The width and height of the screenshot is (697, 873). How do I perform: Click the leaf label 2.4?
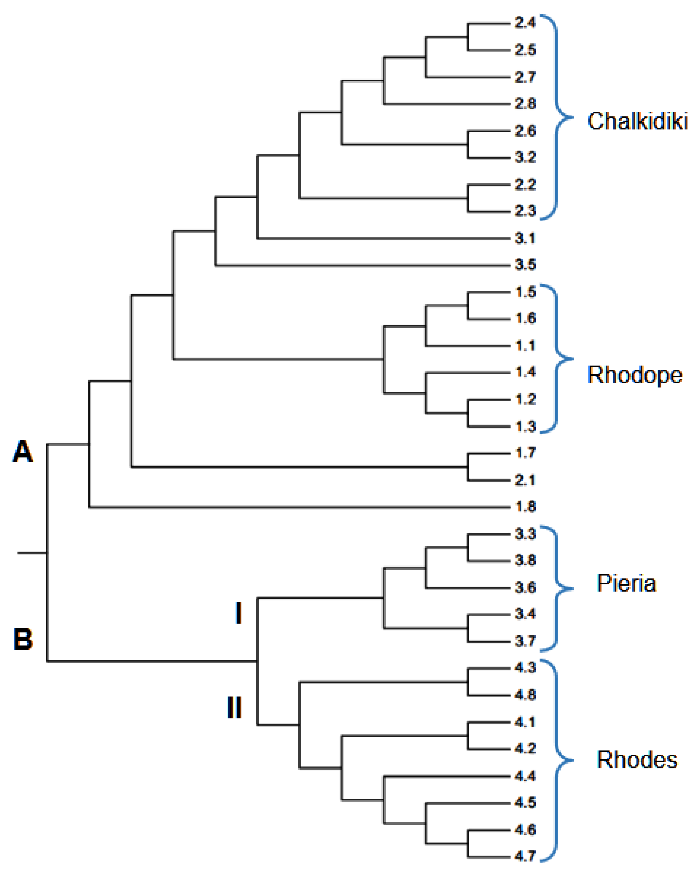click(525, 23)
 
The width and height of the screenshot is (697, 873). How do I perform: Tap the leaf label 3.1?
click(525, 238)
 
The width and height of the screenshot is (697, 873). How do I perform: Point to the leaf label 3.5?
click(525, 265)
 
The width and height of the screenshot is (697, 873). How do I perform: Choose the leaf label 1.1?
click(525, 345)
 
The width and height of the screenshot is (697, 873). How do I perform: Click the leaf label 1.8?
click(525, 506)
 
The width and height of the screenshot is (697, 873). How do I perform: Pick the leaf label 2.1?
click(525, 480)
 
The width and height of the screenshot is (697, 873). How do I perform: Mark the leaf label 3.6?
click(525, 587)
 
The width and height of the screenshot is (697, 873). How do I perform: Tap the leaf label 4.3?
click(525, 667)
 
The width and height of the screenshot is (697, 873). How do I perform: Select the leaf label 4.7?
click(525, 856)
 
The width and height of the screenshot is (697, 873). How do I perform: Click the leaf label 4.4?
click(525, 776)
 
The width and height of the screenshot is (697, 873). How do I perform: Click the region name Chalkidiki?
click(637, 121)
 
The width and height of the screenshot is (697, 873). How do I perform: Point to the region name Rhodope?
click(635, 375)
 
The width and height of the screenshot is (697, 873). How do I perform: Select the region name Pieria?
click(626, 584)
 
